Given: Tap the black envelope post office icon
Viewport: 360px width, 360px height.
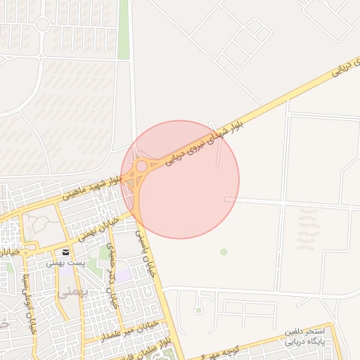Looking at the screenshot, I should pos(65,252).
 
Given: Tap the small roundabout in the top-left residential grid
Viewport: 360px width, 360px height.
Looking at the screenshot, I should pos(41,25).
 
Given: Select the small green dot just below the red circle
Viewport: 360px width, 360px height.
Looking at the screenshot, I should pos(224,252).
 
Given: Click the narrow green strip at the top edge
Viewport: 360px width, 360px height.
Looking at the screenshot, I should pos(124,28).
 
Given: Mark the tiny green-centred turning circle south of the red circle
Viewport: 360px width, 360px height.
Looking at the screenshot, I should pos(198,309).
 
